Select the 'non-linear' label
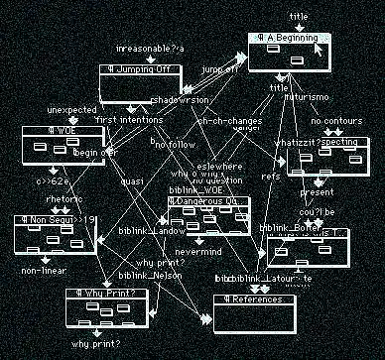pos(43,270)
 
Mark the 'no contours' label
pos(332,122)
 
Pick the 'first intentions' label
pos(128,120)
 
